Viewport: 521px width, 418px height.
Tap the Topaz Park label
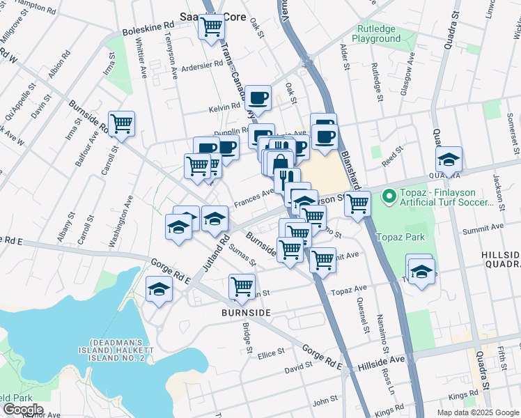401,237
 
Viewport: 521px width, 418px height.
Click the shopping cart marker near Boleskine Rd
211,28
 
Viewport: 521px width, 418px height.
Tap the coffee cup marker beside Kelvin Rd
258,98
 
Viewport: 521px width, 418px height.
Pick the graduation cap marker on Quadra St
449,160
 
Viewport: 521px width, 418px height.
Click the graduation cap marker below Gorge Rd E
160,289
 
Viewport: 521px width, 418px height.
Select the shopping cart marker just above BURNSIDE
242,286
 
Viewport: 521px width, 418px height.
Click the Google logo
22,410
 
